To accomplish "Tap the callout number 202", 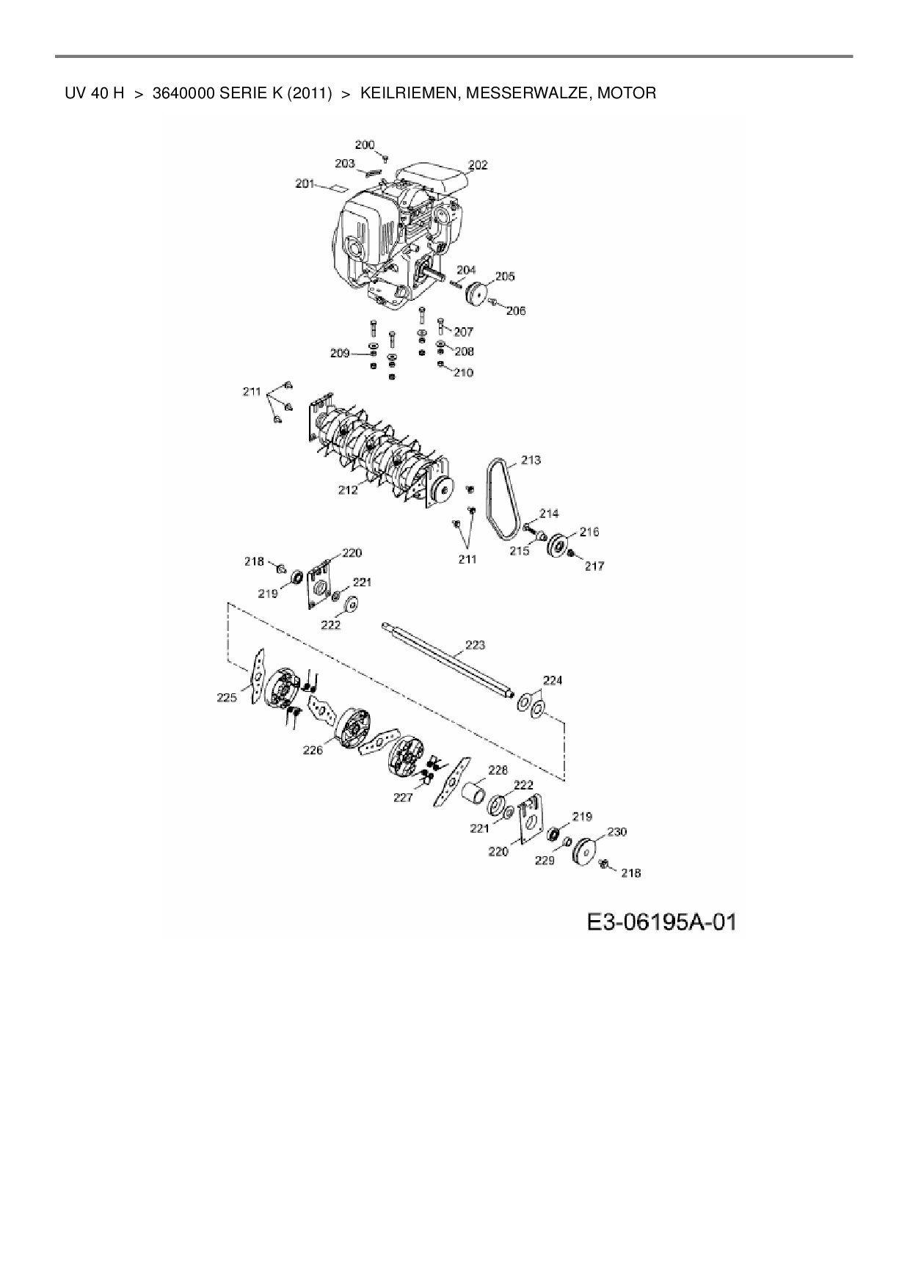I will (x=478, y=165).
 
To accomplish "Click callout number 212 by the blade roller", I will (x=347, y=489).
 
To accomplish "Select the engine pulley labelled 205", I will (x=476, y=294).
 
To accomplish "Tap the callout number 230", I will (x=616, y=832).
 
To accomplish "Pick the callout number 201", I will (x=305, y=183).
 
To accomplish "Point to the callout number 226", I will (x=313, y=751).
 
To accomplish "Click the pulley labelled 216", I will (x=558, y=547).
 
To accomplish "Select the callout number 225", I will (x=227, y=698).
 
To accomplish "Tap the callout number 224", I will (x=552, y=680).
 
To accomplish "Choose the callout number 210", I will (x=463, y=373).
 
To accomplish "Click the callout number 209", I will (x=339, y=354).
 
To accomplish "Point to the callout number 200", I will (x=365, y=145).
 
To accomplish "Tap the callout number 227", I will (x=403, y=798).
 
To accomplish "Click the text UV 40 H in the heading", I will (x=95, y=93).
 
